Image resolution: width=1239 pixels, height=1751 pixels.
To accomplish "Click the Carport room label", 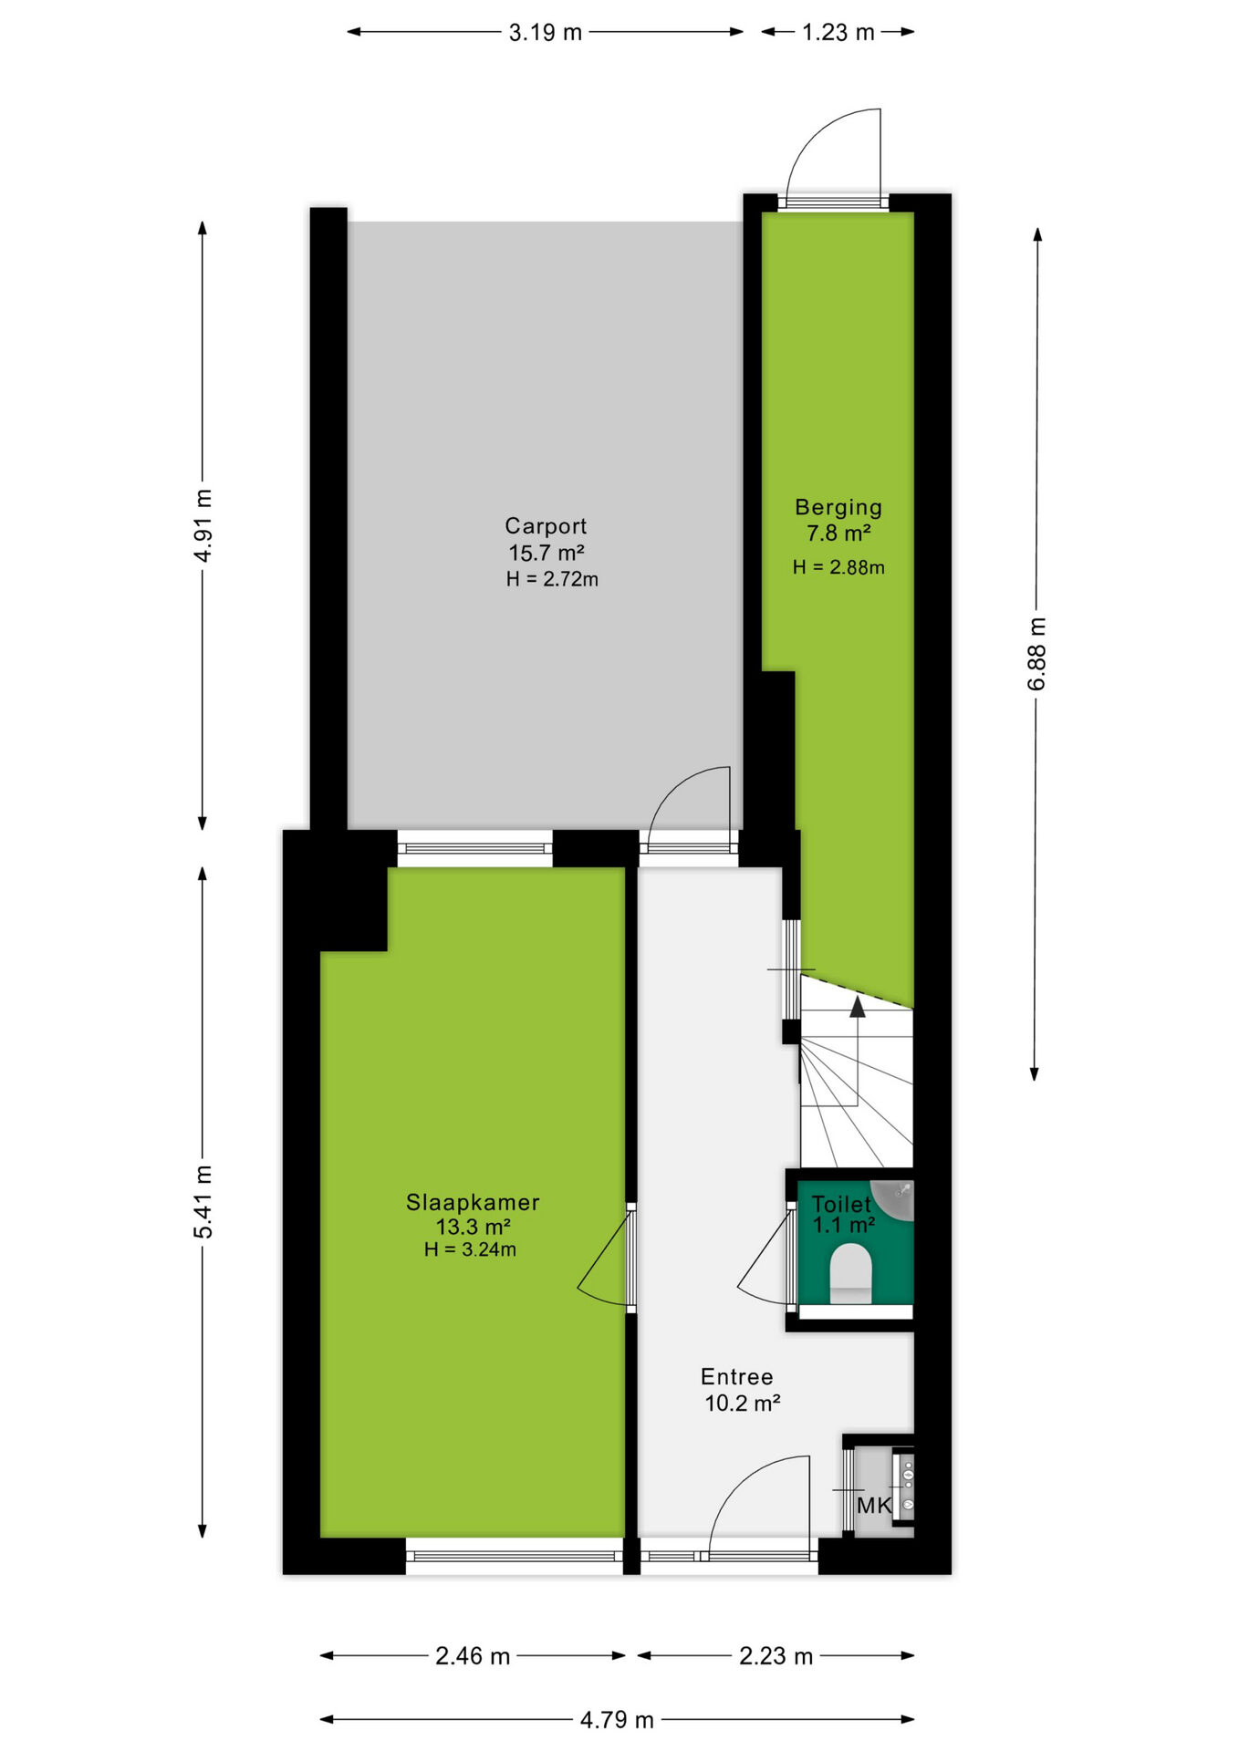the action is tap(546, 526).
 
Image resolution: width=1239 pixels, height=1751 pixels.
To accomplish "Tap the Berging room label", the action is tap(838, 508).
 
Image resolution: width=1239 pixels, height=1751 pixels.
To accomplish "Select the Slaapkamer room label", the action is tap(473, 1203).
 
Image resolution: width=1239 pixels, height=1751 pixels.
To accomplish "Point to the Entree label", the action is tap(736, 1377).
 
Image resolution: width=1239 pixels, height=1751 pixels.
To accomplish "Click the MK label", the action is tap(874, 1506).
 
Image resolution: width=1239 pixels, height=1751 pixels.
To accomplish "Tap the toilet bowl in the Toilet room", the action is tap(850, 1273).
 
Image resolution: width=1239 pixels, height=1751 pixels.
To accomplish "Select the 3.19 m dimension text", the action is tap(546, 33).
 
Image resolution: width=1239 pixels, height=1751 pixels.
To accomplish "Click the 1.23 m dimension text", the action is tap(838, 33).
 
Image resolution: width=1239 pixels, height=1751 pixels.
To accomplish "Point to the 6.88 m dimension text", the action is tap(1037, 654).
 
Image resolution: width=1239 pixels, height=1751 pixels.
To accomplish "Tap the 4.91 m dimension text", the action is tap(203, 525).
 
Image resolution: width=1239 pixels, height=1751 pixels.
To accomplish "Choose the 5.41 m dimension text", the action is tap(203, 1202).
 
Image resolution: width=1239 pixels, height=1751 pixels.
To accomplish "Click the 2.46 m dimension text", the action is tap(473, 1656).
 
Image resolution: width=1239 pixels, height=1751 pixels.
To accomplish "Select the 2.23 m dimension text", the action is tap(776, 1656).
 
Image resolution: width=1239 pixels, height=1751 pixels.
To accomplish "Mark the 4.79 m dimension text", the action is tap(618, 1720).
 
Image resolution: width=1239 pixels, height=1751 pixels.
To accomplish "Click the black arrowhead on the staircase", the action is tap(858, 1007).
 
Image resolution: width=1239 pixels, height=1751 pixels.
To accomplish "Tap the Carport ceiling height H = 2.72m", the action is tap(552, 579).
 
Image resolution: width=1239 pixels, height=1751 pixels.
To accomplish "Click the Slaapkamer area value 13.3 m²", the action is tap(473, 1227).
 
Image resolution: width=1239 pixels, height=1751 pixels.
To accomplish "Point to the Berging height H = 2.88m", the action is tap(838, 567).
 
